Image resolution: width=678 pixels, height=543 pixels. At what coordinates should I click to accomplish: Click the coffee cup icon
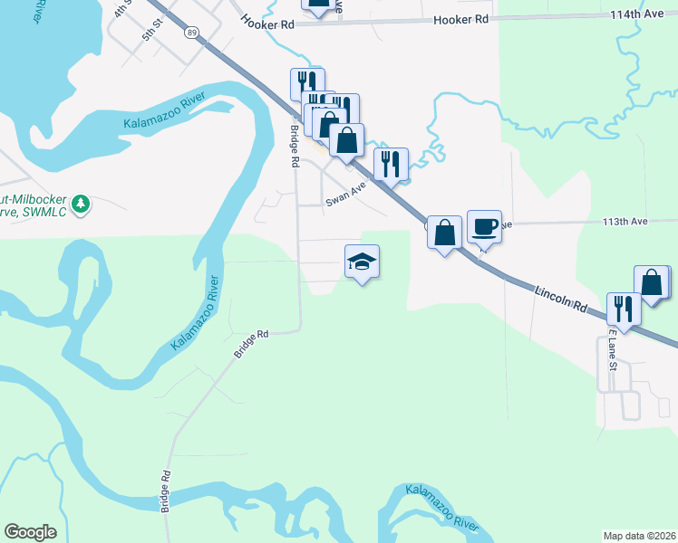point(484,226)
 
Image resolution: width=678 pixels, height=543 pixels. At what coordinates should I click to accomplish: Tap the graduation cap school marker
point(362,262)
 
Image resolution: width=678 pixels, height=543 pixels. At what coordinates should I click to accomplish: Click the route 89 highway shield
point(190,32)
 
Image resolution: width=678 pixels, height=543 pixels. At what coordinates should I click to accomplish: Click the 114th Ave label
point(638,14)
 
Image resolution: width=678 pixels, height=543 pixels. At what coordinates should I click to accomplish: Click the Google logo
point(30,532)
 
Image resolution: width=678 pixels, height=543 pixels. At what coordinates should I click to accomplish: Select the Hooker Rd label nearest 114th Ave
point(466,19)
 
